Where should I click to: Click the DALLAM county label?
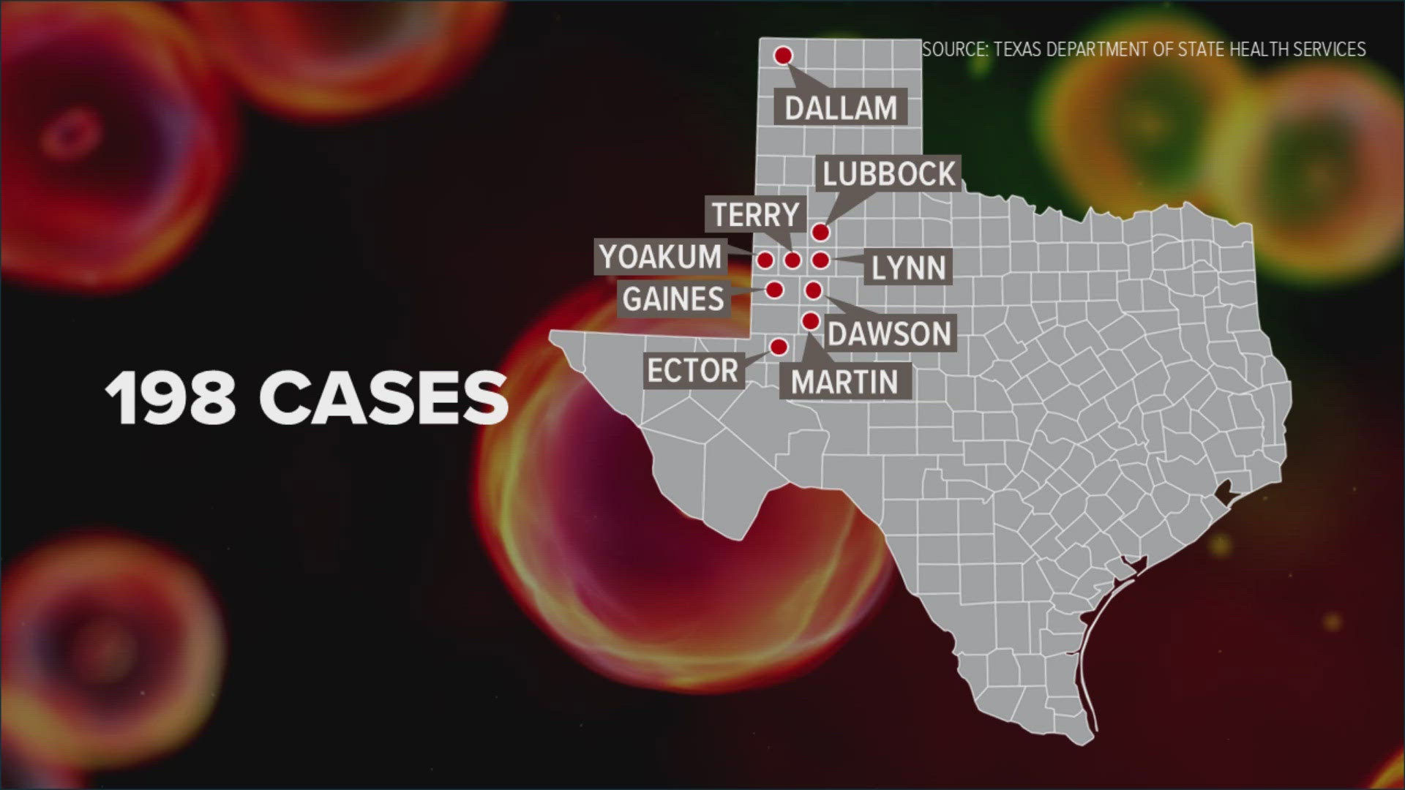[x=841, y=108]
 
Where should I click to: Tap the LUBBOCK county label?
[x=889, y=174]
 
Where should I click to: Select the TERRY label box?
[x=755, y=215]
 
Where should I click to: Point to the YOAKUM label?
[x=661, y=257]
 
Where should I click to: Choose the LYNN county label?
[x=909, y=268]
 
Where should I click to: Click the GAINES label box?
[x=674, y=299]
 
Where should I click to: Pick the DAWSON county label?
[x=889, y=334]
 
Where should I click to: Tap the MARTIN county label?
[x=844, y=382]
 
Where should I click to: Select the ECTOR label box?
[x=692, y=371]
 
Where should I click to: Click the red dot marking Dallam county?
[x=783, y=56]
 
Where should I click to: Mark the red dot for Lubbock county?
[x=820, y=232]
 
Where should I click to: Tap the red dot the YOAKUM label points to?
[x=765, y=260]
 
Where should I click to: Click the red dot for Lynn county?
[x=820, y=260]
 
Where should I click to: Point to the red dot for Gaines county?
[x=774, y=290]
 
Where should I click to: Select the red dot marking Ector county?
[x=779, y=346]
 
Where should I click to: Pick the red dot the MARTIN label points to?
[x=810, y=321]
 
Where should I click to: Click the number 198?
[x=171, y=398]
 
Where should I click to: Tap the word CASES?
[x=383, y=398]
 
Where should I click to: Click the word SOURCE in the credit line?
[x=953, y=50]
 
